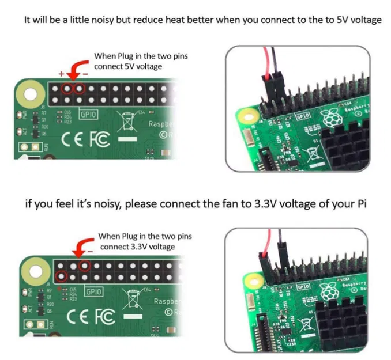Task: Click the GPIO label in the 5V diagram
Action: point(88,114)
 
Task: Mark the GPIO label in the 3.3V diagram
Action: point(93,291)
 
